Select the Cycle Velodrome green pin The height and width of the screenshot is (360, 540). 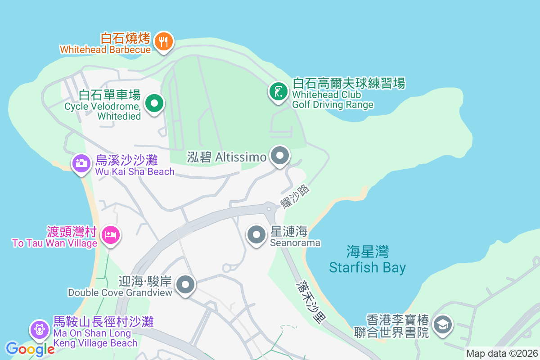click(x=154, y=104)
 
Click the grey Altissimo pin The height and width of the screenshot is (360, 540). click(x=280, y=156)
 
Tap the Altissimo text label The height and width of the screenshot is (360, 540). click(x=227, y=157)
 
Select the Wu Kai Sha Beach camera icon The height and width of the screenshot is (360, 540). click(x=81, y=163)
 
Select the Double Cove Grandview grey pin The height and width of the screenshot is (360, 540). click(x=185, y=284)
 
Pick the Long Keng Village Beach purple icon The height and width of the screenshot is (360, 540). click(x=39, y=329)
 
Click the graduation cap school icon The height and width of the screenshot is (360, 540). click(x=443, y=324)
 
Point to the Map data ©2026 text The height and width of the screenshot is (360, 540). click(x=501, y=353)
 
